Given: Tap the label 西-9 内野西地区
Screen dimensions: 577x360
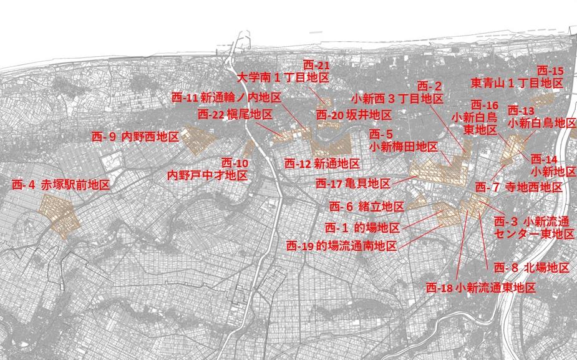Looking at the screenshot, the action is coord(135,136).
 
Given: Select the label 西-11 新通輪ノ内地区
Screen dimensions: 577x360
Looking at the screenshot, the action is coord(226,97).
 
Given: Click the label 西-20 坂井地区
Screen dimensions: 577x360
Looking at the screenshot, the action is coord(354,115).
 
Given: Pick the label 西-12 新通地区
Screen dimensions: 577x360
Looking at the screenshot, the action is coord(322,163).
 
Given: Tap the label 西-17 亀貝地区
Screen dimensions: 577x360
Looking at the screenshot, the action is coord(352,184).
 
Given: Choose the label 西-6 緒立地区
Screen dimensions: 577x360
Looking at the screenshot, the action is coord(367,206).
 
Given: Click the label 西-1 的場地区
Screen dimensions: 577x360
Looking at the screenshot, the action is coord(362,228).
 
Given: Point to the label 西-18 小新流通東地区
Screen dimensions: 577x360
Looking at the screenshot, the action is coord(481,288).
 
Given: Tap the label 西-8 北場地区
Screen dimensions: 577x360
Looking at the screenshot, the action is coord(531,268).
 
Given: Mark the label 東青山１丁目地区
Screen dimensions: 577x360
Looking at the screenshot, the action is coord(516,82).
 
